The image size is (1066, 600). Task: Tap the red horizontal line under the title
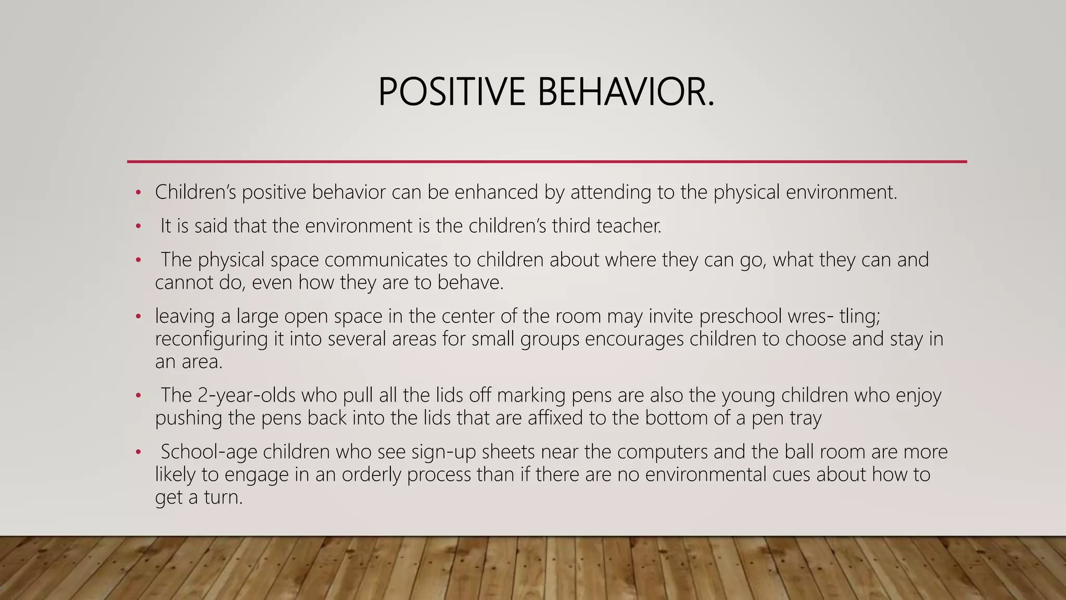(x=547, y=161)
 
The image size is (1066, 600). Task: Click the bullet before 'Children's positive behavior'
(x=138, y=193)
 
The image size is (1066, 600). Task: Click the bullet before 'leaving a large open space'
(x=138, y=317)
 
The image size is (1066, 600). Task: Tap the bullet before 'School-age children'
(x=138, y=452)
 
